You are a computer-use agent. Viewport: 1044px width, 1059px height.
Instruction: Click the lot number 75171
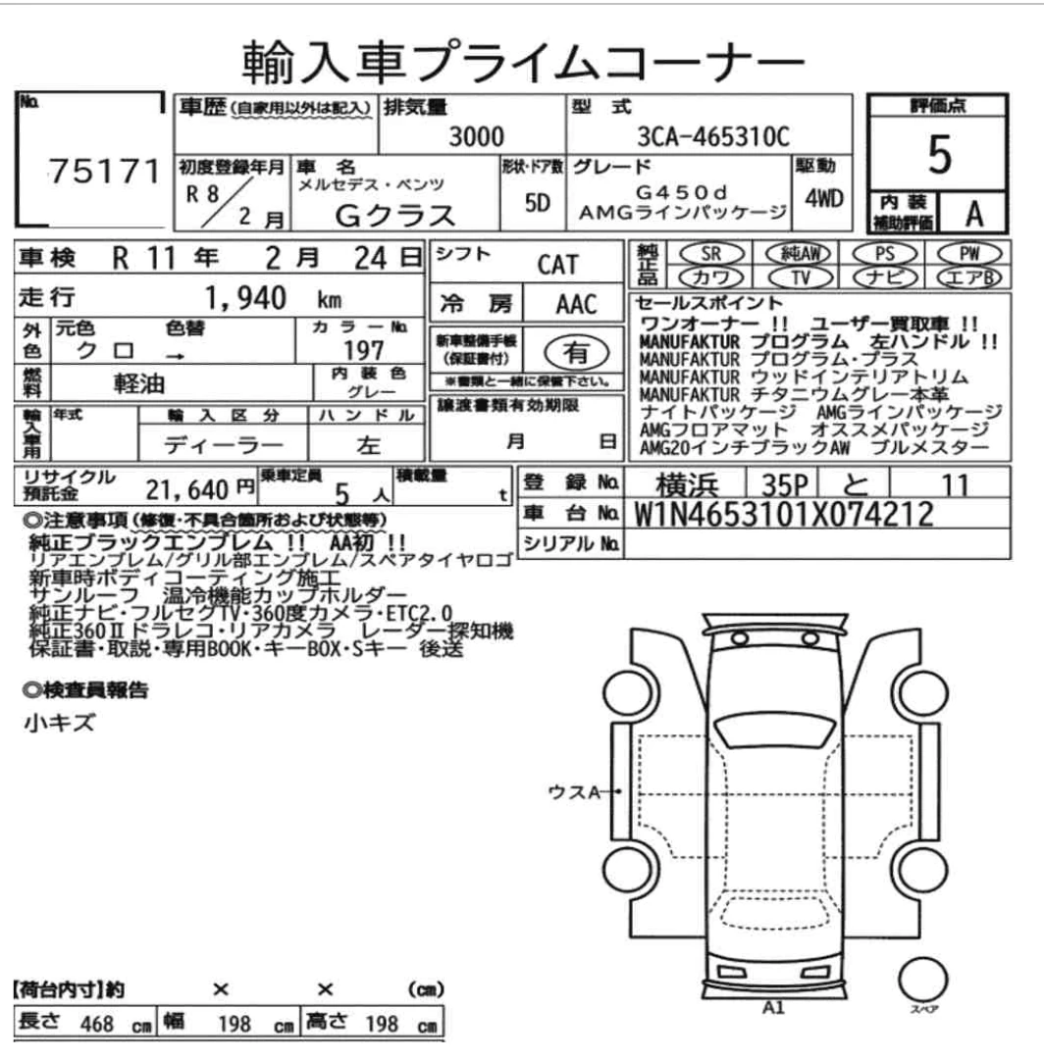coord(104,171)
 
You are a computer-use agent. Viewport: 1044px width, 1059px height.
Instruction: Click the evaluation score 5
coord(939,154)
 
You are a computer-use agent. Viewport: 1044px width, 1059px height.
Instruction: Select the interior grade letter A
coord(973,214)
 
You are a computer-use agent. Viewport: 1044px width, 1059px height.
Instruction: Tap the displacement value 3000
coord(477,137)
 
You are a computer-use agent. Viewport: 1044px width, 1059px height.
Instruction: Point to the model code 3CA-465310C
coord(713,137)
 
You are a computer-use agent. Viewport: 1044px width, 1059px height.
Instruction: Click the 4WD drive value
coord(823,198)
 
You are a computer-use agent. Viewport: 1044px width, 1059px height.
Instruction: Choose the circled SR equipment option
coord(710,253)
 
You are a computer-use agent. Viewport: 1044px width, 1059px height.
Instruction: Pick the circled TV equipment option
coord(801,277)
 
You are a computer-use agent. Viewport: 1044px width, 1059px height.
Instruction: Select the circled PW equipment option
coord(969,253)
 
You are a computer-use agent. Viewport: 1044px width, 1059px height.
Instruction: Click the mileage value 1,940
coord(245,298)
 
